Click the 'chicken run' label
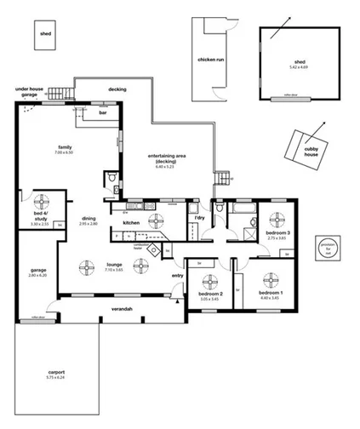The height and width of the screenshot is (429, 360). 210,60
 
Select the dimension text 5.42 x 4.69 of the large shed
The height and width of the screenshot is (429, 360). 300,66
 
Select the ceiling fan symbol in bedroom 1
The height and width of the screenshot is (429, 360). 271,279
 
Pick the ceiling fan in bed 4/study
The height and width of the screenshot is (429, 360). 39,204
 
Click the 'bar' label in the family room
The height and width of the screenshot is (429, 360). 103,112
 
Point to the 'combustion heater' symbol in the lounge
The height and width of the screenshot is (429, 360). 152,250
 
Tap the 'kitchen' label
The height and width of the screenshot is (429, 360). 131,223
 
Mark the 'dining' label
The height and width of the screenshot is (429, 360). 89,217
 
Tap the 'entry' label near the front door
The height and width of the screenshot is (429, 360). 177,275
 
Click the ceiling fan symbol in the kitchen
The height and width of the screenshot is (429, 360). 157,221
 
